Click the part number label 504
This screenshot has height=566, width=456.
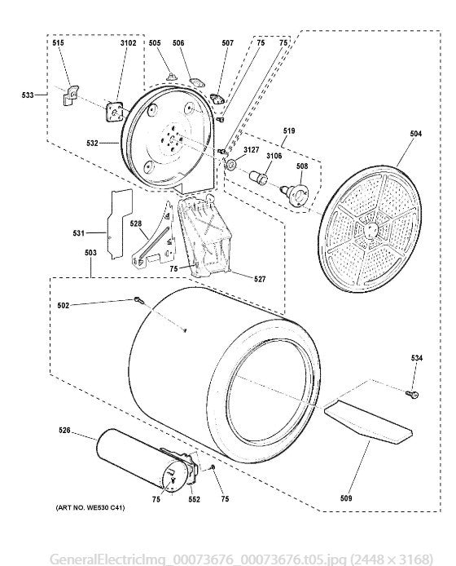click(415, 134)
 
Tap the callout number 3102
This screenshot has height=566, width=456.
click(129, 43)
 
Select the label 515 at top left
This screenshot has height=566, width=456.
click(58, 43)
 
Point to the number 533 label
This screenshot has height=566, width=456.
click(28, 95)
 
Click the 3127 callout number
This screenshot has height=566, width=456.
click(252, 150)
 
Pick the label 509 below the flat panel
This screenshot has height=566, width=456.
click(346, 498)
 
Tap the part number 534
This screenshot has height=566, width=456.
click(416, 358)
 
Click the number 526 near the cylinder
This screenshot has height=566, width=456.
click(64, 431)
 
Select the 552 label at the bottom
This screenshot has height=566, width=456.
click(195, 499)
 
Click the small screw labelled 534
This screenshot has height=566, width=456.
click(412, 394)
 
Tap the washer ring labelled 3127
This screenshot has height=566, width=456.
click(230, 165)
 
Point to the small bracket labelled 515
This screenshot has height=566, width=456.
click(71, 95)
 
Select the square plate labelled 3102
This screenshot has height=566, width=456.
click(115, 113)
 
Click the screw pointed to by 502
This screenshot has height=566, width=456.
click(138, 300)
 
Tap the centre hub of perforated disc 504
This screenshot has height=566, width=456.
click(371, 230)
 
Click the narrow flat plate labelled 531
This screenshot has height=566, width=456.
click(119, 223)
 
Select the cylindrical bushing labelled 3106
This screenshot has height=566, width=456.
click(259, 178)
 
